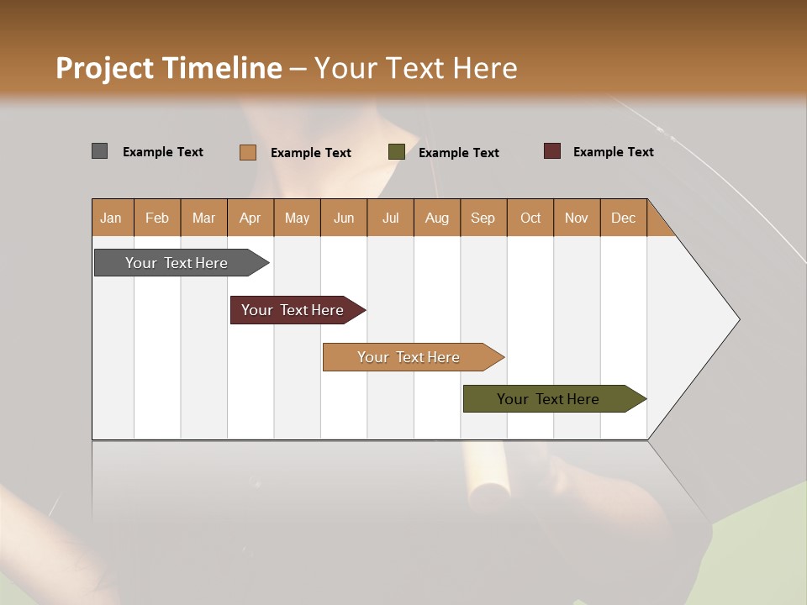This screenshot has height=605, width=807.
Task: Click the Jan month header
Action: tap(111, 218)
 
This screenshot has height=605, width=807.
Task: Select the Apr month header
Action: tap(250, 218)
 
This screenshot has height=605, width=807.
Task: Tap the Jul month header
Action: tap(390, 218)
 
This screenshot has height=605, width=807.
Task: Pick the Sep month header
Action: tap(483, 218)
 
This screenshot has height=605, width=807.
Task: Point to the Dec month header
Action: tap(623, 218)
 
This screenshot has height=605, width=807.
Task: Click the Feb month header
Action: tap(157, 218)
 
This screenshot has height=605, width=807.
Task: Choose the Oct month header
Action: tap(530, 218)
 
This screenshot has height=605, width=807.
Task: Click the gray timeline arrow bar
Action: tap(177, 263)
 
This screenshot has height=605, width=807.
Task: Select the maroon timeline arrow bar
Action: tap(293, 310)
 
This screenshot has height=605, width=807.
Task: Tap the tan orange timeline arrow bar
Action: tap(409, 357)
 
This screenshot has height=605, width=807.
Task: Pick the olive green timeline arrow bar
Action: tap(548, 399)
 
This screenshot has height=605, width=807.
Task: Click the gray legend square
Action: tap(99, 151)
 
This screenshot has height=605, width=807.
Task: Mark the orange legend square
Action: tap(247, 152)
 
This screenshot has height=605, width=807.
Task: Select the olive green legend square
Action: tap(397, 152)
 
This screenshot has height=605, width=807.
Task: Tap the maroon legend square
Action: tap(551, 151)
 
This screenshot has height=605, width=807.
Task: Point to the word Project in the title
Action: tap(103, 68)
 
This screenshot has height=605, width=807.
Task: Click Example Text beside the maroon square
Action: tap(613, 151)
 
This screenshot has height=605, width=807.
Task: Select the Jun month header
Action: tap(344, 218)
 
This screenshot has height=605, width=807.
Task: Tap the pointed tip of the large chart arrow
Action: tap(737, 319)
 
